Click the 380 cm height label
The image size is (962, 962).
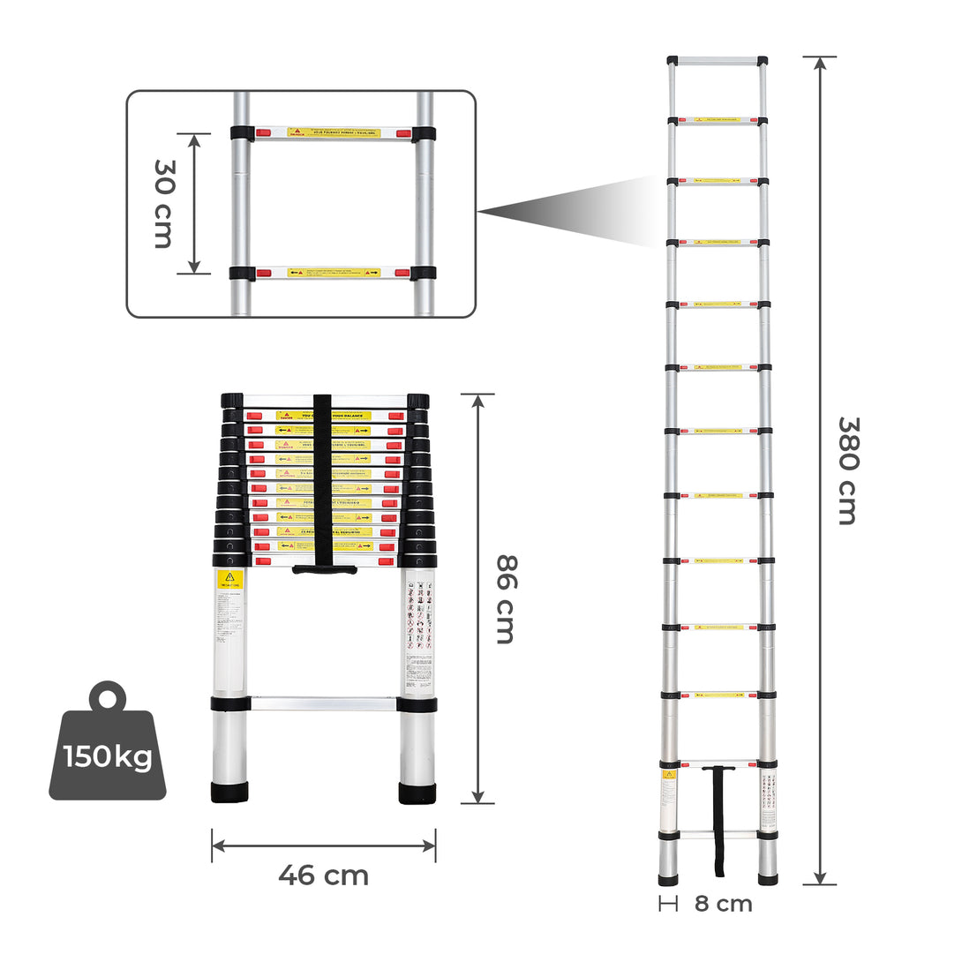tap(846, 470)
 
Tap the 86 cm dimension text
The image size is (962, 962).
tap(505, 598)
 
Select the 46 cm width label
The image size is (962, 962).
tap(323, 876)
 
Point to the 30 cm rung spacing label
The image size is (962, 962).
tap(164, 203)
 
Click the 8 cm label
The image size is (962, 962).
tap(723, 903)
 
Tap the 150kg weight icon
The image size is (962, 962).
tap(107, 746)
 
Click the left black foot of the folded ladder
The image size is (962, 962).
tap(229, 792)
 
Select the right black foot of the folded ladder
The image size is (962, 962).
tap(417, 792)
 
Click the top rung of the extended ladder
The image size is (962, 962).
tap(717, 62)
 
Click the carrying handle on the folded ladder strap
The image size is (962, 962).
tap(325, 569)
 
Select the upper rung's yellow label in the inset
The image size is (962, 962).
tap(334, 133)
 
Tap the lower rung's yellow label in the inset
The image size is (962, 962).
tap(334, 273)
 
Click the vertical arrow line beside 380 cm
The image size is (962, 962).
tap(820, 470)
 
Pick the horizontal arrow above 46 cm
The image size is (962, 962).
tap(323, 846)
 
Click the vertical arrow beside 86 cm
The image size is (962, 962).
tap(477, 598)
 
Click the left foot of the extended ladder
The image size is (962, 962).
tap(669, 878)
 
